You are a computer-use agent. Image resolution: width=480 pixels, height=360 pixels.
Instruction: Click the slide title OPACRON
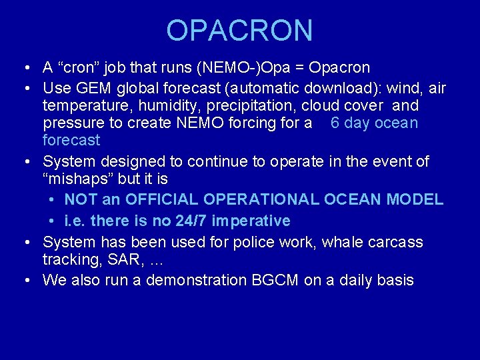pos(239,31)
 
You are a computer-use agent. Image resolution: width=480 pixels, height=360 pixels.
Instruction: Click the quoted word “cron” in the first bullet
pos(79,68)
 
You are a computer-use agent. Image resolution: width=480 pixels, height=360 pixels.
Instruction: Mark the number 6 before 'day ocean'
pos(335,123)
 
